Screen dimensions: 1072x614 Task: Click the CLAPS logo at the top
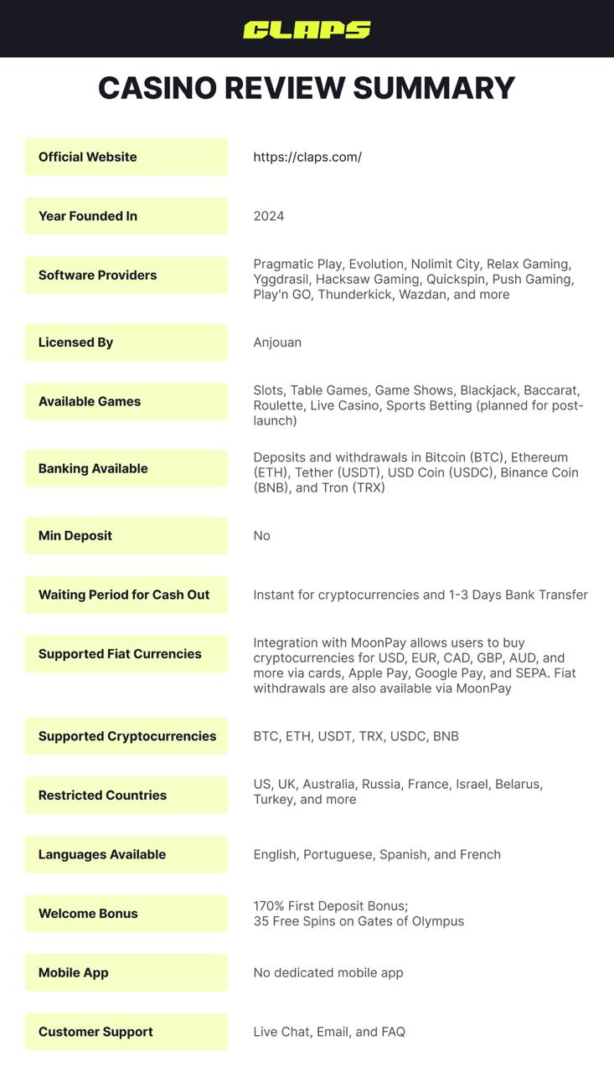[307, 30]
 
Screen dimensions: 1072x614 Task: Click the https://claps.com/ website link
[307, 157]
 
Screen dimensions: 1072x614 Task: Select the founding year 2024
[269, 216]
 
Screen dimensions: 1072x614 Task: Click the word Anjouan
[277, 343]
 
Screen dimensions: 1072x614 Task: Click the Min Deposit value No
[262, 536]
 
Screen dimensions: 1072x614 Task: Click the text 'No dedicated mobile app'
[328, 972]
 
